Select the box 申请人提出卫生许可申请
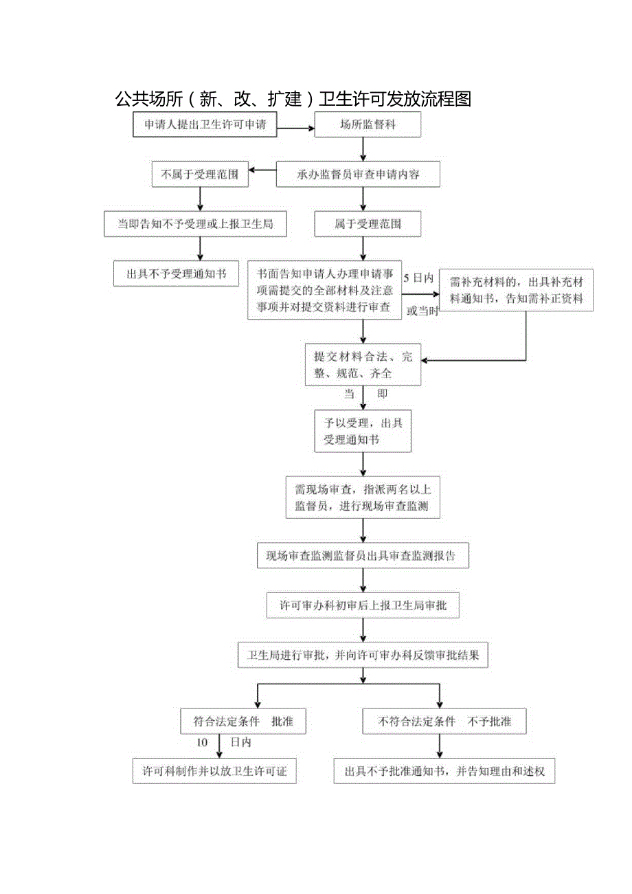coord(205,124)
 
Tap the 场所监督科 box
coord(368,124)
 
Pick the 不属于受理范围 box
coord(199,175)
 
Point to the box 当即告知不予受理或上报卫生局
coord(194,224)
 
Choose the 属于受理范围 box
coord(368,224)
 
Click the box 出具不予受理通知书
coord(177,273)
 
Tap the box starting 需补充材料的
coord(516,290)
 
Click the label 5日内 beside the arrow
coord(419,278)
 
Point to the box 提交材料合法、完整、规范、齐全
coord(363,365)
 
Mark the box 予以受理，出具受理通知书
coord(363,431)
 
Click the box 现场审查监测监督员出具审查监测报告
coord(363,556)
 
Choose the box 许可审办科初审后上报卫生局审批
coord(363,605)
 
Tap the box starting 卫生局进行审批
coord(363,655)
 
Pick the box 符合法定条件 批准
coord(242,722)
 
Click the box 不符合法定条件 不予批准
coord(444,722)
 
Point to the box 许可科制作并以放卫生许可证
coord(214,771)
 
